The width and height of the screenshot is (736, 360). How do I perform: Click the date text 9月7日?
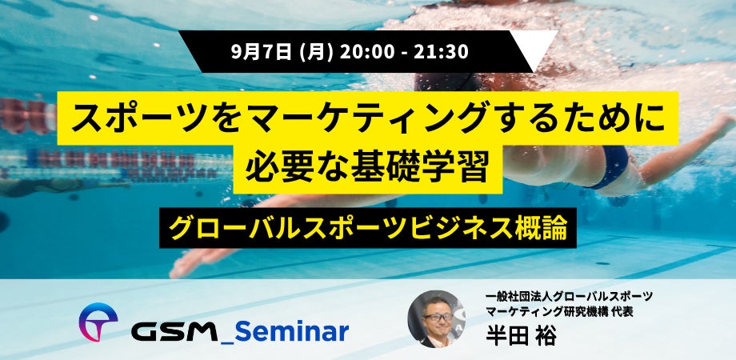pyautogui.click(x=261, y=51)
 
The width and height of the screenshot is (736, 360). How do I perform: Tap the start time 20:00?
pyautogui.click(x=367, y=51)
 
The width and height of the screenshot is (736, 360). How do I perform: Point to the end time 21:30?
pyautogui.click(x=442, y=51)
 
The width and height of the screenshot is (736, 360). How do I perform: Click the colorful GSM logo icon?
pyautogui.click(x=98, y=322)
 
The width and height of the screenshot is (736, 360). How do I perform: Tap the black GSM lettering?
pyautogui.click(x=174, y=332)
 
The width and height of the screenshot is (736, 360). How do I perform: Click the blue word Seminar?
pyautogui.click(x=291, y=331)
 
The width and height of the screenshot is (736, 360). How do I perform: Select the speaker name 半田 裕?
pyautogui.click(x=521, y=336)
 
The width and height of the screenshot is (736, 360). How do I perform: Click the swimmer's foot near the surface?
pyautogui.click(x=723, y=124)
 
